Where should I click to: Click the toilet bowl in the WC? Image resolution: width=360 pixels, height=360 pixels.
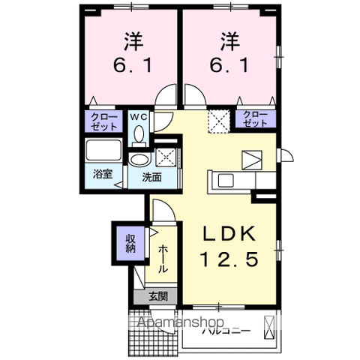139,133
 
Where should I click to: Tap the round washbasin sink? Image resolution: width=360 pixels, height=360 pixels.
139,160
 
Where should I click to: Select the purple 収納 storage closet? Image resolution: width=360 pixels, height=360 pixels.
130,243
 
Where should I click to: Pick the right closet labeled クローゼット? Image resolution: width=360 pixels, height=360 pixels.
255,119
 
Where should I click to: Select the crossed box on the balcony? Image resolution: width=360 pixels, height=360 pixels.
269,328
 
